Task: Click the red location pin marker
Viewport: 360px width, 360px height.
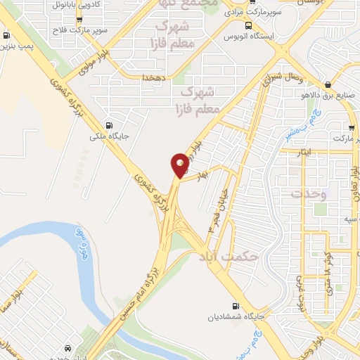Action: point(180,165)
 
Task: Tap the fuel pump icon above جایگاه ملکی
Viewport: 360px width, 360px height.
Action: point(108,119)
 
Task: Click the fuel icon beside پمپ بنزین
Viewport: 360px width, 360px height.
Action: point(7,36)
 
